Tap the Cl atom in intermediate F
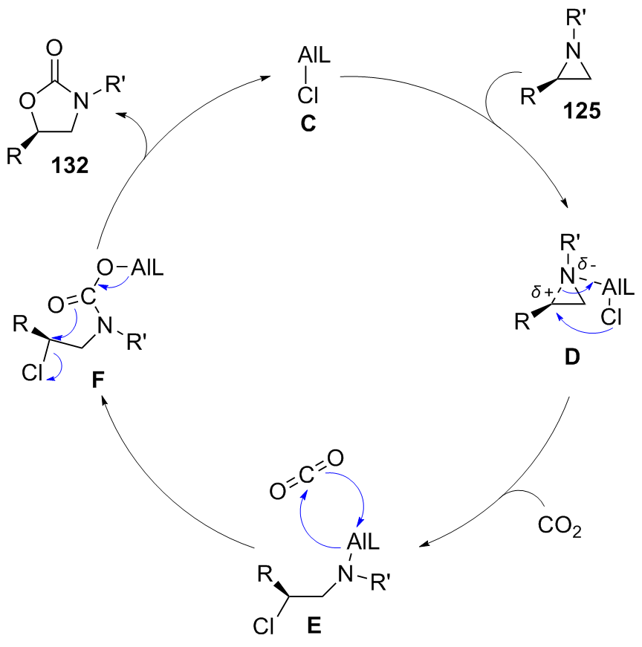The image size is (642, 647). (x=34, y=374)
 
